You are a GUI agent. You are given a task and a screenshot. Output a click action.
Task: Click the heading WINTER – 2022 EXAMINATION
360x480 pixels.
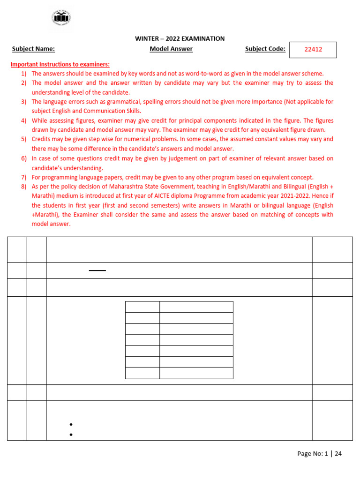click(x=180, y=39)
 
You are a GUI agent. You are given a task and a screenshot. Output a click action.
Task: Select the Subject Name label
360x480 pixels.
click(x=33, y=49)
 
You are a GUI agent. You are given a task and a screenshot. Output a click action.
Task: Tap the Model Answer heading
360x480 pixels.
click(x=171, y=49)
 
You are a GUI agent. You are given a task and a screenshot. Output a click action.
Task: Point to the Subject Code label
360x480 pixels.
click(x=265, y=49)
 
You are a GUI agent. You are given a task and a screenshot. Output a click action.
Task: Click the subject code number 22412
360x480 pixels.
click(x=313, y=50)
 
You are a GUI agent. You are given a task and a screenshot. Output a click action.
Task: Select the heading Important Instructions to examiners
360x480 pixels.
click(x=60, y=64)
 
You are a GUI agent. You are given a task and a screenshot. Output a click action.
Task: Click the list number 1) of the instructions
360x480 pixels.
click(x=23, y=74)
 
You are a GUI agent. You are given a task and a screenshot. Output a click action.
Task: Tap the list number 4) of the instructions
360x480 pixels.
click(x=23, y=120)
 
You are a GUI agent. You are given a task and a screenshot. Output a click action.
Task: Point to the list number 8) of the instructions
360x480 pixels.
click(x=23, y=187)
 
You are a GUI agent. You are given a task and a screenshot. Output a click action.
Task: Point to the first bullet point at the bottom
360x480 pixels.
click(x=70, y=425)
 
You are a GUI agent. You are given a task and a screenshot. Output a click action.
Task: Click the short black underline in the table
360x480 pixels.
click(x=97, y=270)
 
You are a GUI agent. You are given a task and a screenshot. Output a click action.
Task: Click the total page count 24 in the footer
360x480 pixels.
click(x=338, y=454)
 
